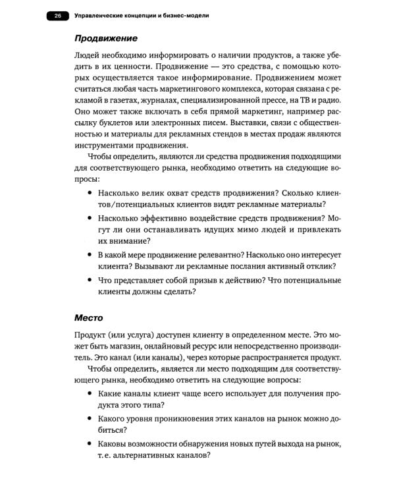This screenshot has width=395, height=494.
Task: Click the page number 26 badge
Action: point(58,15)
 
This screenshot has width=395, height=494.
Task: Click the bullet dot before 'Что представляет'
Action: point(89,281)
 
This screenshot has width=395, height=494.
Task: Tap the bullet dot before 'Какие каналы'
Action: point(89,393)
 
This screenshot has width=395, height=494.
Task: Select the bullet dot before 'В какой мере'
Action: point(89,254)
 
